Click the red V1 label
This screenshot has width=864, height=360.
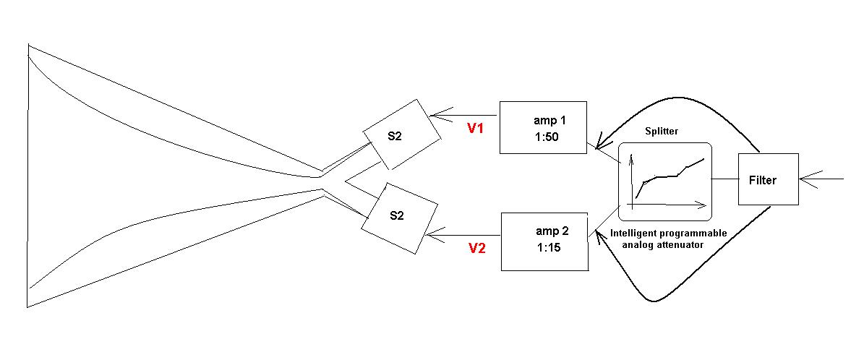tap(474, 129)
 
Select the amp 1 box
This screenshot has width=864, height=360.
tap(542, 127)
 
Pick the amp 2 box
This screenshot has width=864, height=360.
tap(544, 241)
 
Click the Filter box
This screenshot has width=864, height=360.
tap(767, 180)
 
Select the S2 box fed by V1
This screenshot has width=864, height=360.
tap(401, 134)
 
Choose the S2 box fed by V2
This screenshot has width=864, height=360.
tap(399, 217)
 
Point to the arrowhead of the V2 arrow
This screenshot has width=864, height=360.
tap(431, 235)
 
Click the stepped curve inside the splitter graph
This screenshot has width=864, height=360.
tap(669, 176)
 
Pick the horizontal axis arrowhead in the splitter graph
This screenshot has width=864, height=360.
tap(702, 205)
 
